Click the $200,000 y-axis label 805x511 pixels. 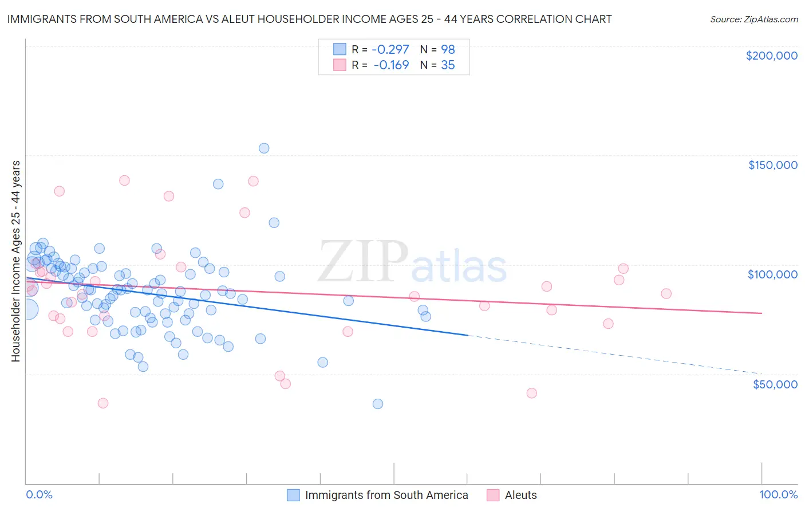click(x=771, y=56)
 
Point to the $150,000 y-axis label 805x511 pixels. click(x=772, y=165)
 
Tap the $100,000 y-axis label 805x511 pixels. click(x=772, y=274)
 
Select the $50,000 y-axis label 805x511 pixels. click(x=775, y=384)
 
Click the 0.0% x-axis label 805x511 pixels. click(x=39, y=495)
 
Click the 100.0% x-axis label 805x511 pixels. click(x=778, y=495)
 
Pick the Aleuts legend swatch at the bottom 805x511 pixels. click(x=492, y=495)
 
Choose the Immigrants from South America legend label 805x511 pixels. click(x=386, y=495)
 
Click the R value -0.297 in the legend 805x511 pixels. click(x=391, y=49)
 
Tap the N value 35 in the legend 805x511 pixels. click(x=448, y=65)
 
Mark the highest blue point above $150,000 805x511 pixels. click(x=264, y=148)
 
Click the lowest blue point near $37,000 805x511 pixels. click(x=378, y=404)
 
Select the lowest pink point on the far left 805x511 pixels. click(x=103, y=403)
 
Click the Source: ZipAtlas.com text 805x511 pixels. click(x=753, y=19)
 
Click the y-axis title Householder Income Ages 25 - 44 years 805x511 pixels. click(x=16, y=261)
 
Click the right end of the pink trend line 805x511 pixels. click(x=761, y=313)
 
